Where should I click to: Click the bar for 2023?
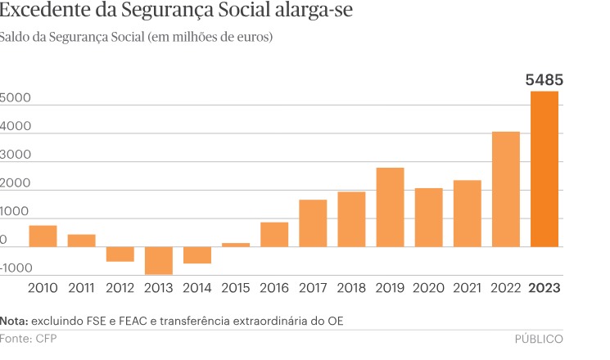(544, 169)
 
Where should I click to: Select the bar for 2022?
(506, 189)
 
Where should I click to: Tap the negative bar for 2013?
(159, 260)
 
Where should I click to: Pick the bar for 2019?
(390, 207)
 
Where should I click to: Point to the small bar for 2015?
(236, 245)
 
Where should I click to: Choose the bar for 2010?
(43, 236)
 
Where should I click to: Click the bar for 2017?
(313, 223)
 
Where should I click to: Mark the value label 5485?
(544, 80)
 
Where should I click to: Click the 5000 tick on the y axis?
(16, 98)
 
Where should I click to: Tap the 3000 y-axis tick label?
(16, 155)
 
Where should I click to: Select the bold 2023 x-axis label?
(544, 287)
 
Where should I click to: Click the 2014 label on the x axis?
(197, 287)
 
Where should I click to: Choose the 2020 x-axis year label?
(428, 287)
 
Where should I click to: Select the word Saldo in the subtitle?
(16, 38)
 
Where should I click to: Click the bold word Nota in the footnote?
(14, 320)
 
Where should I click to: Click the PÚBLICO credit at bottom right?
(538, 338)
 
